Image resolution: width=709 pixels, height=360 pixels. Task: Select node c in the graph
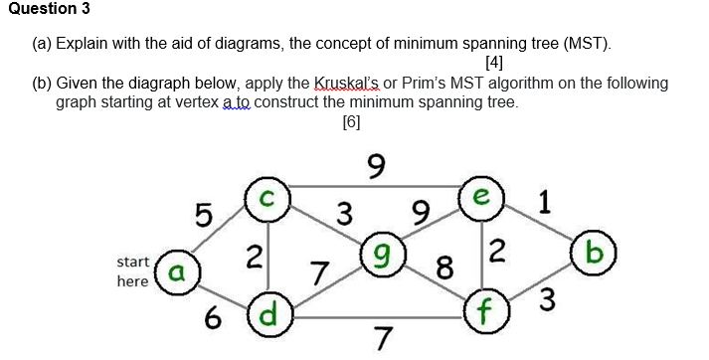(267, 194)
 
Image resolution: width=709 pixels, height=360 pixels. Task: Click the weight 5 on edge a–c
(203, 214)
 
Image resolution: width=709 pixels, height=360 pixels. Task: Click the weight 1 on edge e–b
(543, 203)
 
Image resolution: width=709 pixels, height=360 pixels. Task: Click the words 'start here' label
(133, 271)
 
